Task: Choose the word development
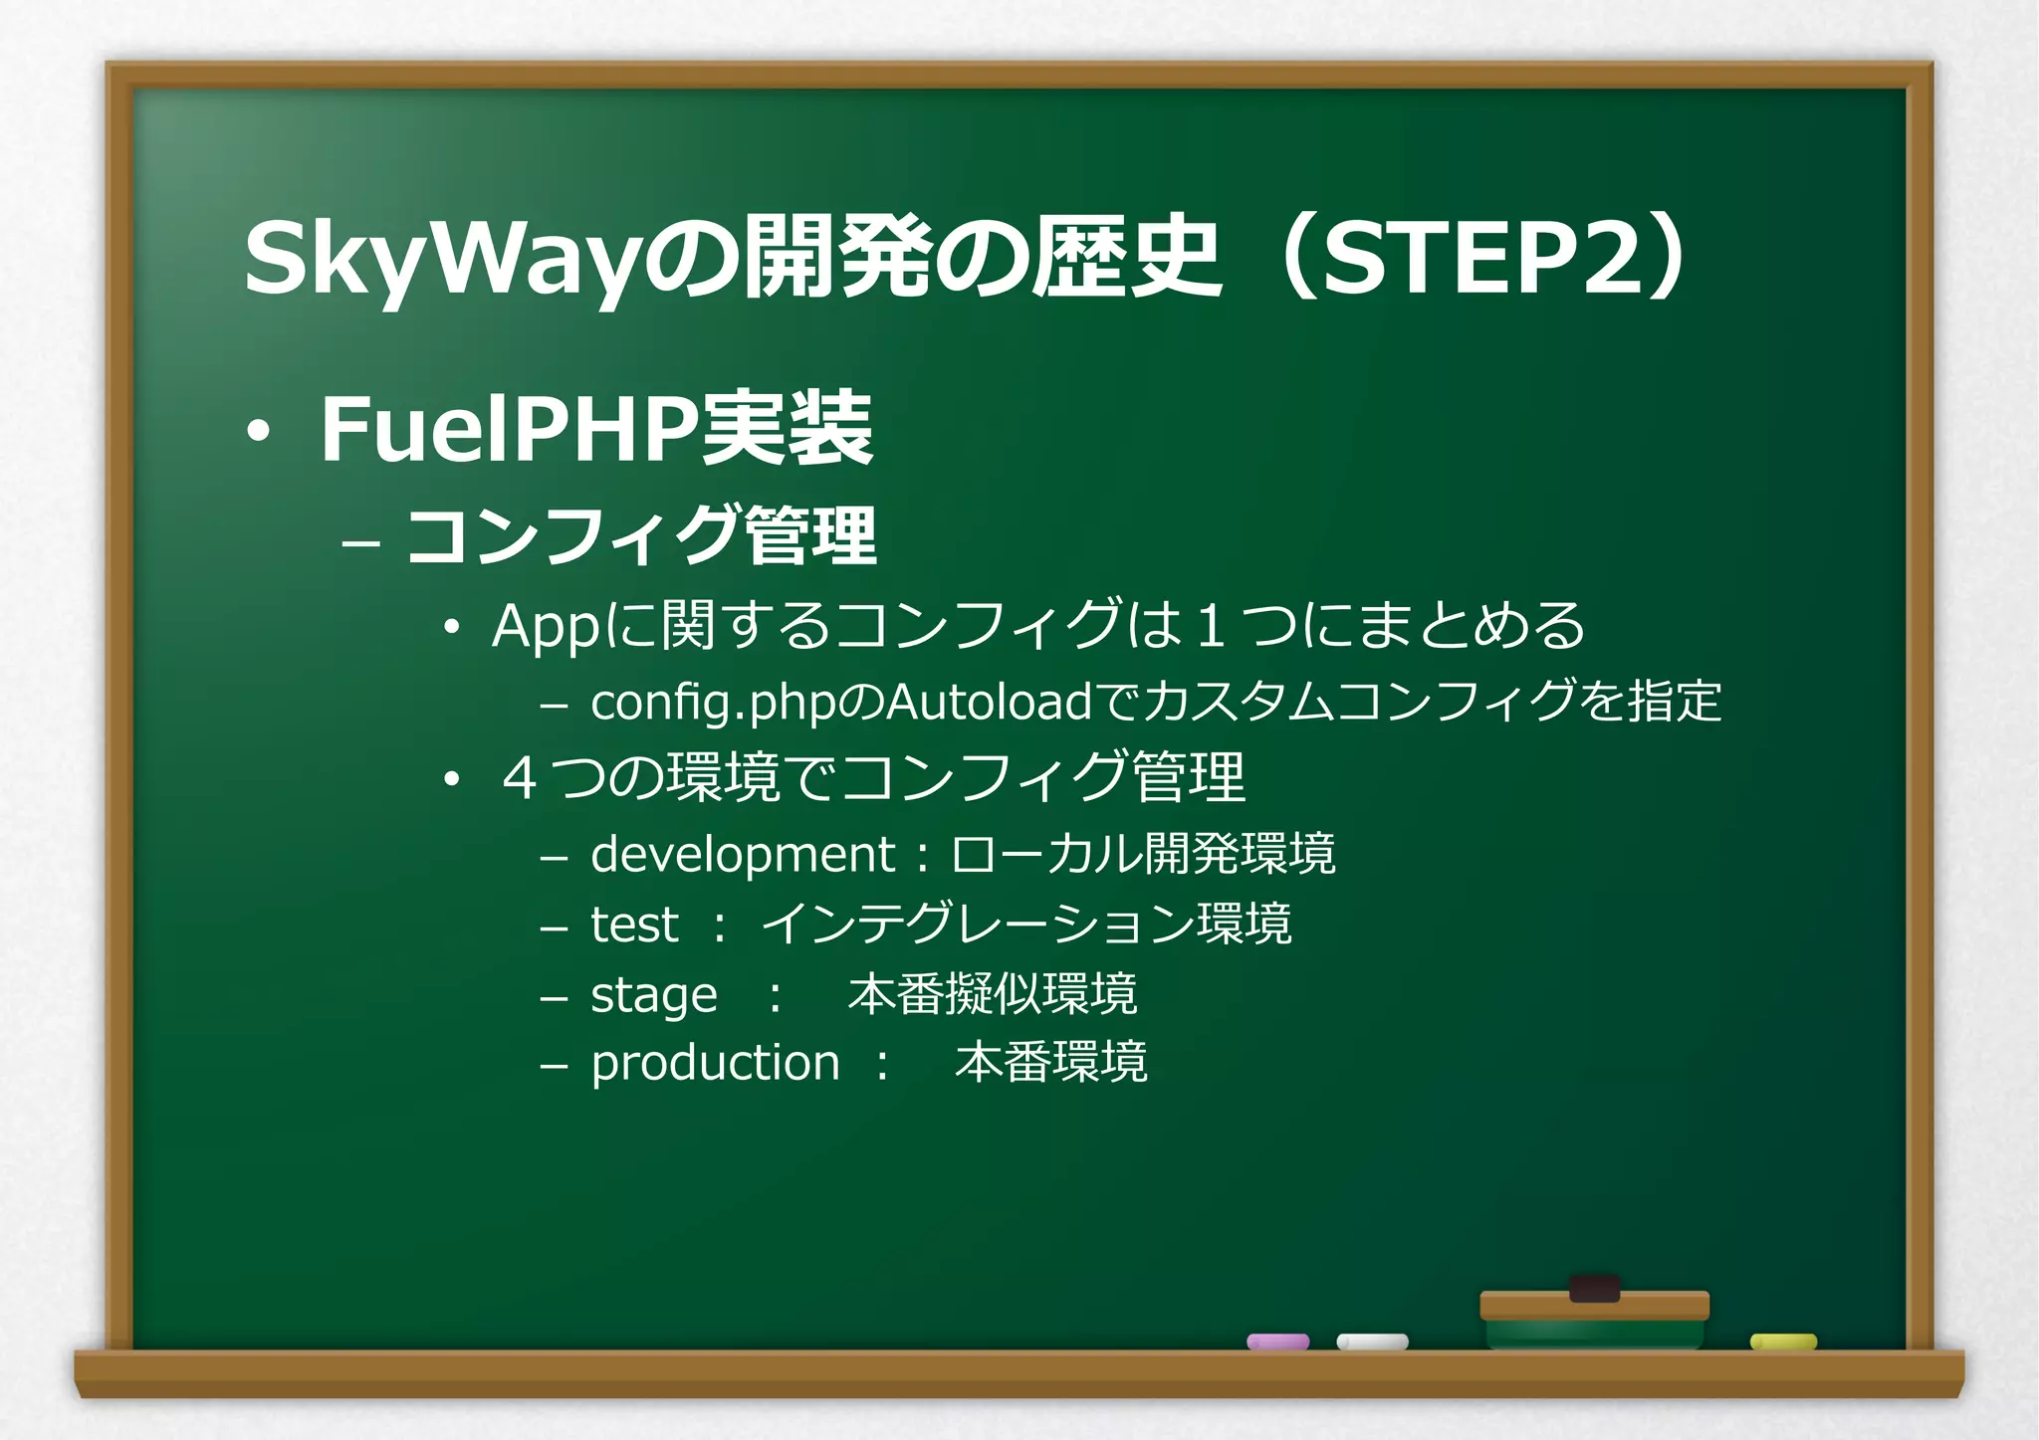pos(742,855)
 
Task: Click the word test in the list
pos(634,925)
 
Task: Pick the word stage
pos(653,995)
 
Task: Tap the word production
pos(715,1064)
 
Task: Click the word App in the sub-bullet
pos(546,627)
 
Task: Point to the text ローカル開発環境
pos(1143,854)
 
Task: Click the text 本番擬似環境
pos(993,994)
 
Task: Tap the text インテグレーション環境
pos(1026,924)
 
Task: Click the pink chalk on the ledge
pos(1277,1341)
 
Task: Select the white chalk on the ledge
pos(1372,1341)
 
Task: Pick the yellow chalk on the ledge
pos(1783,1341)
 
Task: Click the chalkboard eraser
pos(1594,1314)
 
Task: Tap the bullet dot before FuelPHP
pos(258,432)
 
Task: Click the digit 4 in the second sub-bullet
pos(520,778)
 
